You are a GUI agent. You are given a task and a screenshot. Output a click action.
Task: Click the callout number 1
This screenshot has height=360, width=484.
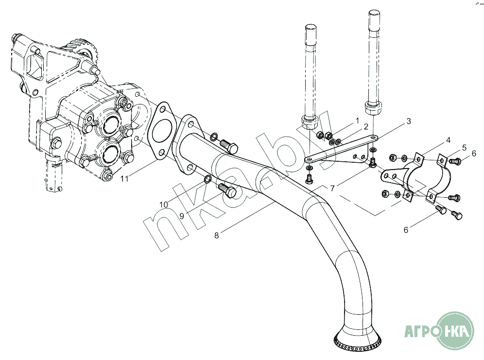(x=357, y=120)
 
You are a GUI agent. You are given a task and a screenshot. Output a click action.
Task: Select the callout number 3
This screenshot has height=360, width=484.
(x=409, y=121)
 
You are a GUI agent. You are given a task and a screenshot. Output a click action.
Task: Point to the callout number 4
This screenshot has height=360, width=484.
(x=449, y=140)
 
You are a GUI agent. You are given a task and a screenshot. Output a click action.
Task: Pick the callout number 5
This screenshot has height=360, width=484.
(x=464, y=147)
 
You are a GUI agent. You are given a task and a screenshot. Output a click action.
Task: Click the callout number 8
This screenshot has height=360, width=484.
(x=217, y=236)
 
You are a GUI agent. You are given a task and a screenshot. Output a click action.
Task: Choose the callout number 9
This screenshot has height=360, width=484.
(x=181, y=216)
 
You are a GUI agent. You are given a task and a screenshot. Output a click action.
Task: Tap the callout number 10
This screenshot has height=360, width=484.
(x=164, y=205)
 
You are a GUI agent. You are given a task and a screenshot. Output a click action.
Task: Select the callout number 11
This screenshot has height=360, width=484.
(x=125, y=179)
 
